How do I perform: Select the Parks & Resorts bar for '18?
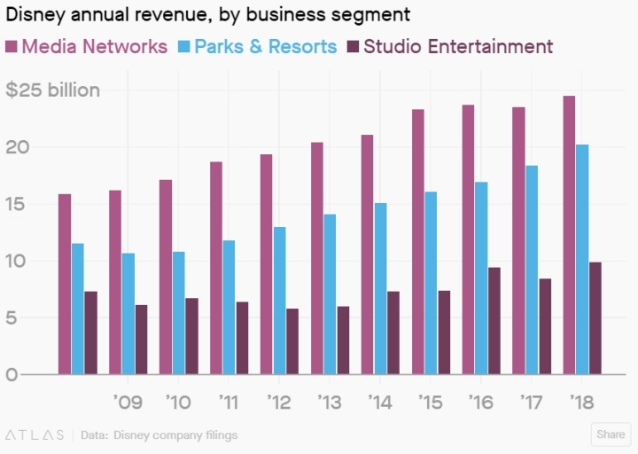tap(582, 260)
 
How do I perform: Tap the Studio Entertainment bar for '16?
tap(494, 321)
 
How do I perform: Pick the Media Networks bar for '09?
tap(115, 282)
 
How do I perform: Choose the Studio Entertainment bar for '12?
tap(292, 341)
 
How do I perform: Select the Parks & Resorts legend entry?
tap(257, 46)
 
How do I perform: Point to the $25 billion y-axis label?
tap(53, 90)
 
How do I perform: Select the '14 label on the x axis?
tap(379, 403)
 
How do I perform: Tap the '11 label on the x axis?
tap(228, 403)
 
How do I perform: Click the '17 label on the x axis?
tap(531, 403)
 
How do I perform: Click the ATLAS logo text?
tap(35, 435)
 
